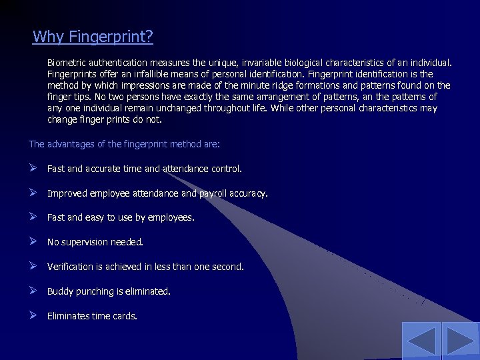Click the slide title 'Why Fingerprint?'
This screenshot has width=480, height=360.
click(93, 36)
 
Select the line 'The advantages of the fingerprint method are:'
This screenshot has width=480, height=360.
click(124, 144)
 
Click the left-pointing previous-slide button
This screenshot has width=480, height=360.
click(421, 341)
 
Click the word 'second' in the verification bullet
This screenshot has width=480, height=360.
click(226, 267)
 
